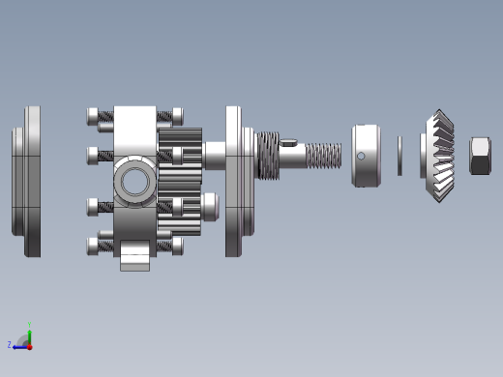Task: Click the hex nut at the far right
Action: [480, 156]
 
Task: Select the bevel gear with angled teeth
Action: [440, 156]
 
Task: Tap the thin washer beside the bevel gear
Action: [399, 156]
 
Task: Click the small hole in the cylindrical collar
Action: [361, 156]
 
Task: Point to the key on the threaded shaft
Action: [290, 142]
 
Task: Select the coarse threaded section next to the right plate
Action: [268, 156]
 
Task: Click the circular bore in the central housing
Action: [133, 182]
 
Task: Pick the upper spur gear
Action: [181, 153]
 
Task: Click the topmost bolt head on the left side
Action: [94, 116]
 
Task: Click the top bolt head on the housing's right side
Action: [177, 116]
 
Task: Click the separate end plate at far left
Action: [28, 182]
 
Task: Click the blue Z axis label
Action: [10, 344]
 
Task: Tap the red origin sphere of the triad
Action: [29, 345]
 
